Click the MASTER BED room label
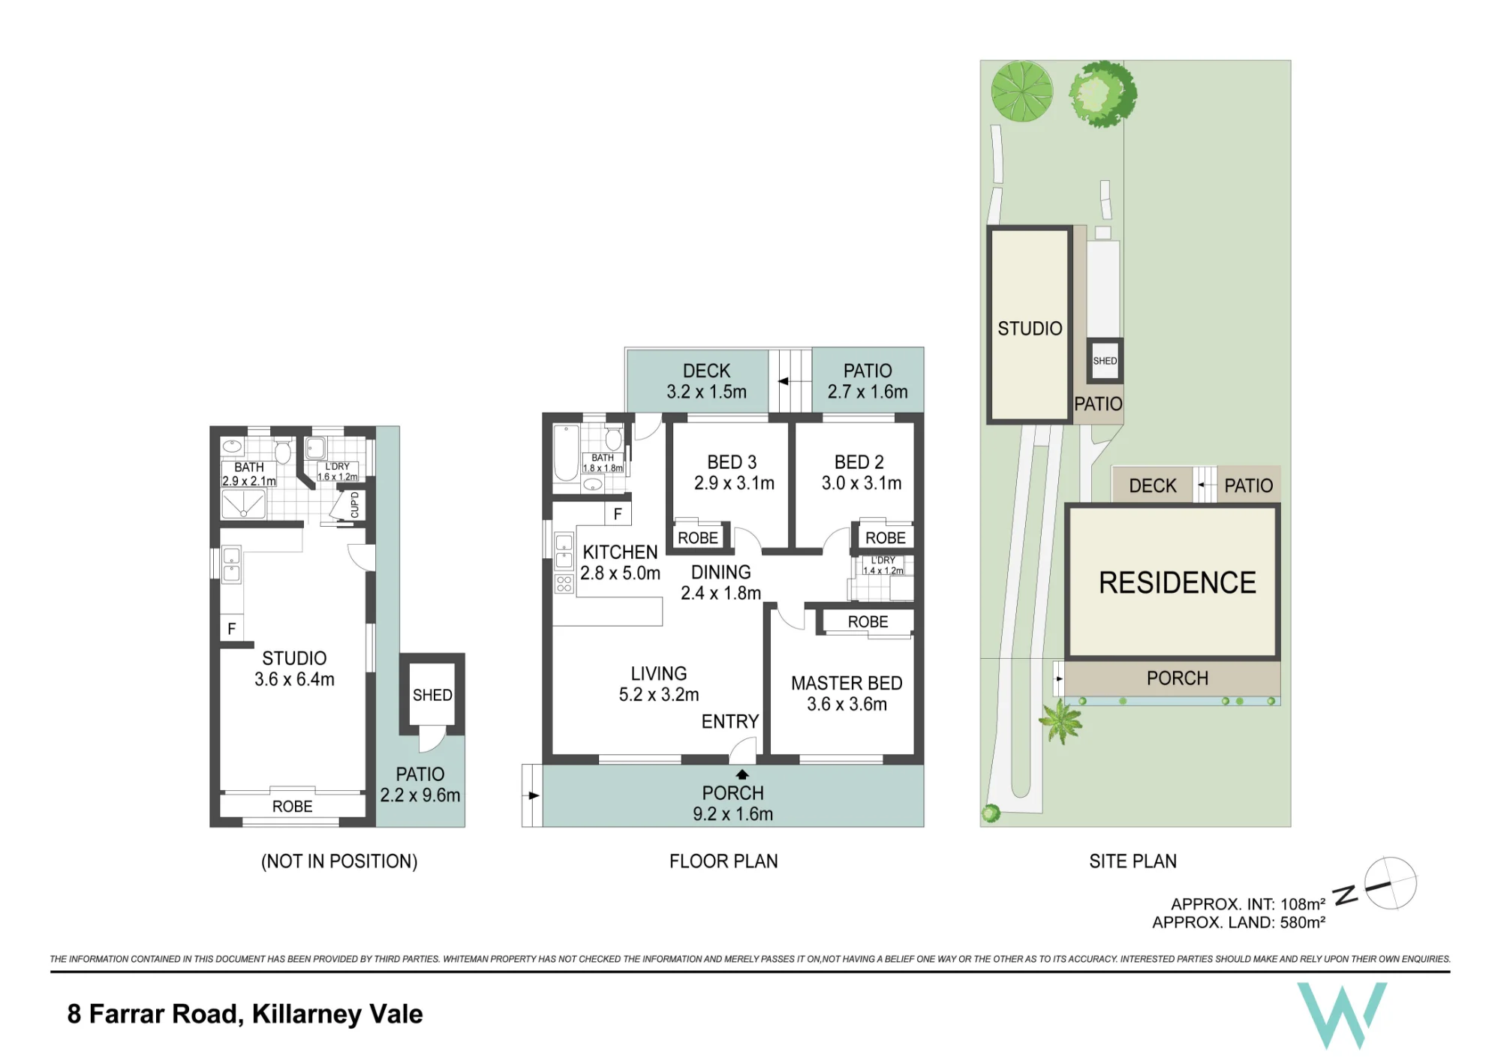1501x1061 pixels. click(x=847, y=684)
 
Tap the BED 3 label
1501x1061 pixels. click(x=732, y=462)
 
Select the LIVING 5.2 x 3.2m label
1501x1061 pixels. click(x=659, y=684)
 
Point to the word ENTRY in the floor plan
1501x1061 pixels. click(x=730, y=722)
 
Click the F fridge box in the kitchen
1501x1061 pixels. click(x=618, y=514)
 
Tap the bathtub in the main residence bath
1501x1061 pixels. click(x=566, y=453)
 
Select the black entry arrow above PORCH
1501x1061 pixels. click(x=742, y=775)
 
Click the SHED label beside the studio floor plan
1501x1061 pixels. click(x=432, y=696)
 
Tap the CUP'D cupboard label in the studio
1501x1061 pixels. click(x=355, y=505)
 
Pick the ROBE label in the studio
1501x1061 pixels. click(x=292, y=807)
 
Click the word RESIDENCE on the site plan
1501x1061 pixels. click(x=1177, y=583)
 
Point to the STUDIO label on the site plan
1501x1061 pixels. click(x=1030, y=329)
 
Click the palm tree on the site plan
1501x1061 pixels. click(x=1060, y=722)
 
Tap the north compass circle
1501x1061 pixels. click(x=1390, y=883)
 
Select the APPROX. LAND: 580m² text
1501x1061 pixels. click(x=1238, y=922)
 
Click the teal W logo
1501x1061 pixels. click(x=1342, y=1015)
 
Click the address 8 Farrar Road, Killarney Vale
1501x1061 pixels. click(x=245, y=1014)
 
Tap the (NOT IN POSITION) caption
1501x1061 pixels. click(x=339, y=861)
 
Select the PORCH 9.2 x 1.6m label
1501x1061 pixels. click(x=732, y=804)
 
